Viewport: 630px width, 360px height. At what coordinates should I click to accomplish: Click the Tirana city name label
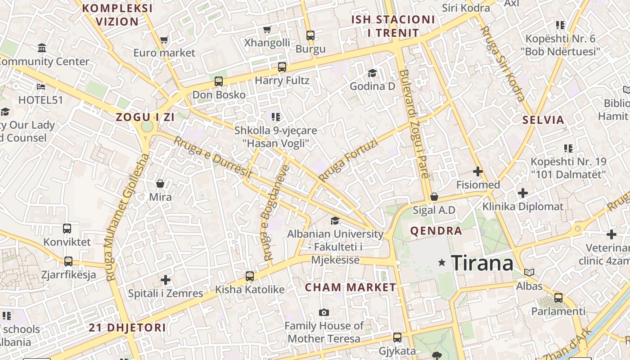pyautogui.click(x=482, y=263)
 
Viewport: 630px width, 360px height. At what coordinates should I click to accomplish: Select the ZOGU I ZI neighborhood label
pyautogui.click(x=145, y=117)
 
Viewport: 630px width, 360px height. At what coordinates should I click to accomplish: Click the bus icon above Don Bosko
pyautogui.click(x=219, y=81)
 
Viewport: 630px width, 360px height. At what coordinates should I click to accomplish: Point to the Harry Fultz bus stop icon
pyautogui.click(x=282, y=67)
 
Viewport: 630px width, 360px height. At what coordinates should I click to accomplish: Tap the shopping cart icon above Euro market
pyautogui.click(x=164, y=40)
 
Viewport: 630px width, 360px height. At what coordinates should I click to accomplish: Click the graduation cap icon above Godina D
pyautogui.click(x=372, y=73)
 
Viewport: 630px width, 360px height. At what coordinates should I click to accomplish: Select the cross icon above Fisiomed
pyautogui.click(x=478, y=171)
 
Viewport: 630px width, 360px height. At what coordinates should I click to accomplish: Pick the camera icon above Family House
pyautogui.click(x=324, y=312)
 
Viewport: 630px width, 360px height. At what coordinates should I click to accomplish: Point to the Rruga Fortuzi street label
pyautogui.click(x=347, y=160)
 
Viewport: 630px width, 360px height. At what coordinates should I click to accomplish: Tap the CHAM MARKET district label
pyautogui.click(x=351, y=287)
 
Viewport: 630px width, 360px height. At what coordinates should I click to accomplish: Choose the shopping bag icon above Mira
pyautogui.click(x=160, y=184)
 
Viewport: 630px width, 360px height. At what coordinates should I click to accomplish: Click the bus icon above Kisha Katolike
pyautogui.click(x=250, y=276)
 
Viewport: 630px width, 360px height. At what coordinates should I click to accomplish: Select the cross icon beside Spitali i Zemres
pyautogui.click(x=166, y=280)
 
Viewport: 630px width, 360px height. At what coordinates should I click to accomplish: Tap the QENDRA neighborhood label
pyautogui.click(x=436, y=231)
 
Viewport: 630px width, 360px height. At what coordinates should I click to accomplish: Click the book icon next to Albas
pyautogui.click(x=530, y=272)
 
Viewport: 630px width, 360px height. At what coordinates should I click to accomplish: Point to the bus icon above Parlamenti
pyautogui.click(x=558, y=297)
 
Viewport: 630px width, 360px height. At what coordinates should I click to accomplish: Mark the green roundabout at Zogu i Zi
pyautogui.click(x=147, y=126)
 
